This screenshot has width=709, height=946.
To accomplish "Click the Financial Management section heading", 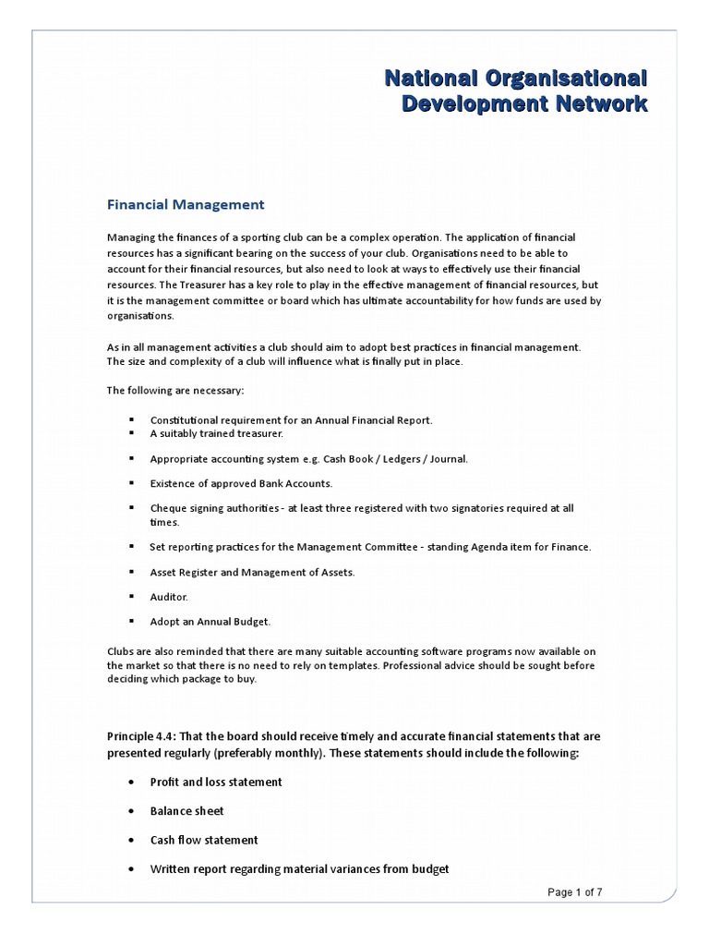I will (186, 204).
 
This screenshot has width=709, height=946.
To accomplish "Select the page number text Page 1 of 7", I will (575, 892).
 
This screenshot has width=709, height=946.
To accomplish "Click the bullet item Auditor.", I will (169, 597).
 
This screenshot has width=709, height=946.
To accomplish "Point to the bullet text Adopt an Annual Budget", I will (210, 621).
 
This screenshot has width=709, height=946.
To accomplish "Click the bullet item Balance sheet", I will (187, 811).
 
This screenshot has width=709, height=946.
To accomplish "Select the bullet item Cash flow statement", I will (204, 841).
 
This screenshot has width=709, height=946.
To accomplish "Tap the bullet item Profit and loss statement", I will (216, 782).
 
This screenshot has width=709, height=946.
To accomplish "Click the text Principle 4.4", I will (141, 735).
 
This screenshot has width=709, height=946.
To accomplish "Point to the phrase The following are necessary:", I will (175, 391).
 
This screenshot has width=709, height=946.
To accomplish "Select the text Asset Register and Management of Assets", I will (252, 573).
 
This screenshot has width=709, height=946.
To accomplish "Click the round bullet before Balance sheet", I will (130, 811).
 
